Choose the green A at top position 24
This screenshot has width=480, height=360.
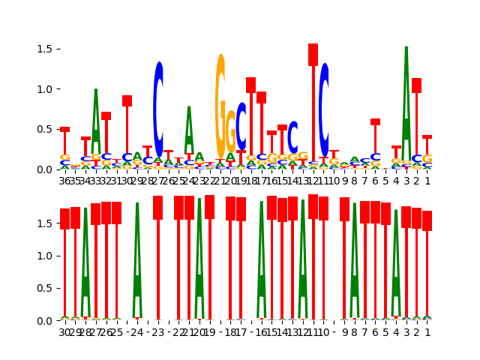click(x=189, y=135)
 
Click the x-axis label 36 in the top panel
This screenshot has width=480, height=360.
click(x=65, y=180)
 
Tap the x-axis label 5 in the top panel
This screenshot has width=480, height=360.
click(x=385, y=180)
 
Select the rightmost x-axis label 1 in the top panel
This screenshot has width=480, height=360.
click(x=427, y=180)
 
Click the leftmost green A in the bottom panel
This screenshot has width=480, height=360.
click(x=85, y=262)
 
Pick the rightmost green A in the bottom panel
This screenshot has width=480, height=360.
click(x=396, y=262)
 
